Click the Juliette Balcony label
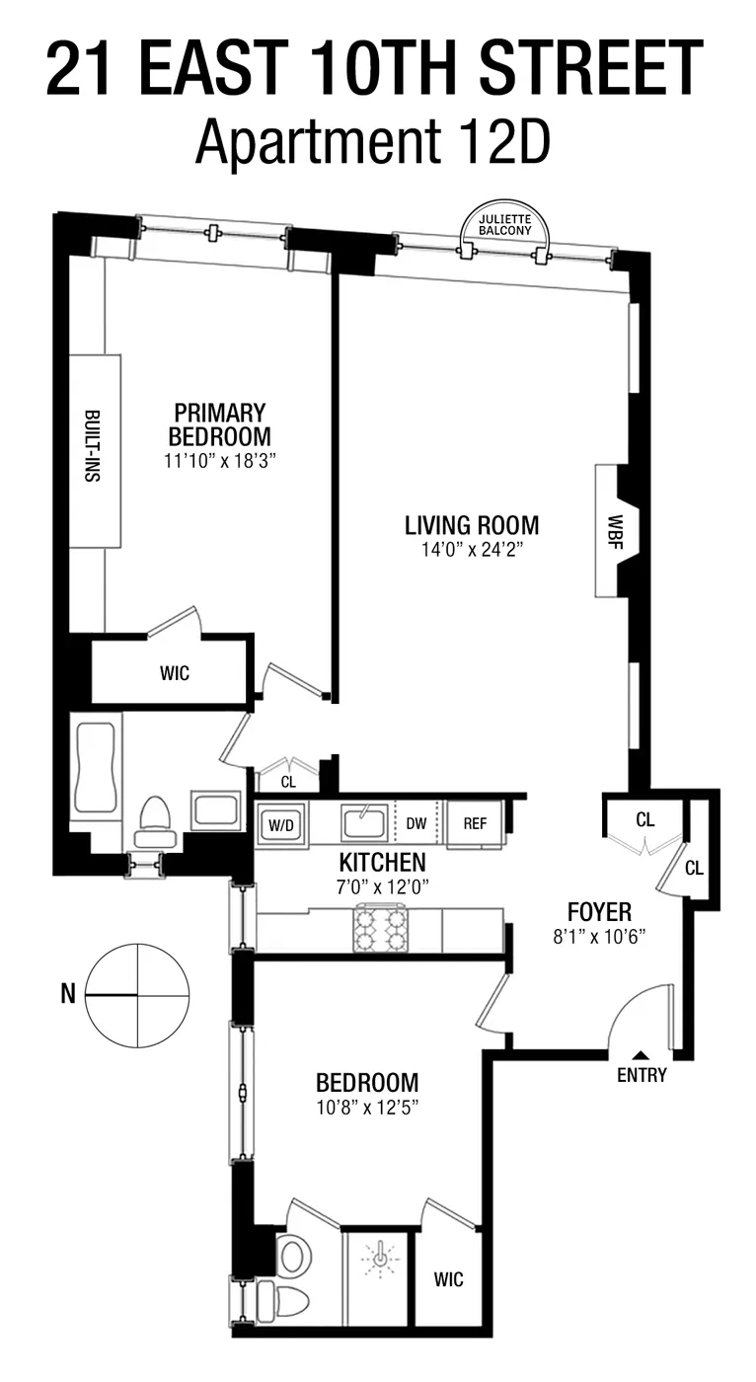[x=504, y=224]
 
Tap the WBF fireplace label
[x=614, y=530]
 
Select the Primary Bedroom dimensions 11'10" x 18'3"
[x=219, y=460]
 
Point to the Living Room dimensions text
[x=472, y=549]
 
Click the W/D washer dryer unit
[x=281, y=824]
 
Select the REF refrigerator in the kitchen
[x=475, y=824]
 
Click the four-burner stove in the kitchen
[x=382, y=929]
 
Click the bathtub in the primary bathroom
[x=96, y=768]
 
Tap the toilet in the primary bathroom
[x=154, y=821]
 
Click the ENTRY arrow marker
[x=641, y=1055]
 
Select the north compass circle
[x=137, y=994]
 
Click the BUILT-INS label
[x=94, y=446]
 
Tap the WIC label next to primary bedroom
[x=174, y=673]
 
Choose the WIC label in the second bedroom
[x=447, y=1280]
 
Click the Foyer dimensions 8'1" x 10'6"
[x=598, y=936]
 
